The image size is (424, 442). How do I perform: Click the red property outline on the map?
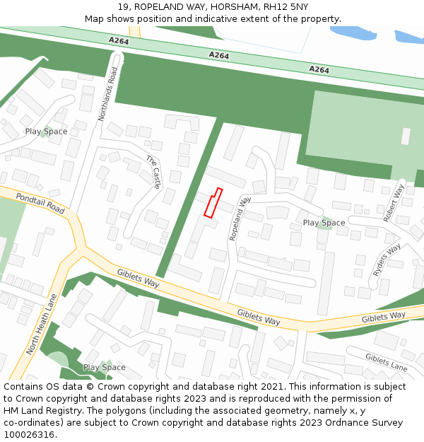[x=213, y=202]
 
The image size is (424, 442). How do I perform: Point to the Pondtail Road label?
[x=40, y=204]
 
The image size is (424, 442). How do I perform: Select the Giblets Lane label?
[x=386, y=362]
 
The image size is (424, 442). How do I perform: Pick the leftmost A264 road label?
[x=119, y=42]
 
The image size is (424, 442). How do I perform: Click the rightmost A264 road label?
[x=319, y=69]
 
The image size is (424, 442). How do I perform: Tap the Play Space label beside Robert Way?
[x=324, y=223]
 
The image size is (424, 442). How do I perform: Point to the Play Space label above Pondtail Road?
[x=46, y=132]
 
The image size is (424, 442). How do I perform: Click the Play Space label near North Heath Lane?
[x=104, y=367]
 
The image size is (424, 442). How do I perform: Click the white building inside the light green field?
[x=406, y=136]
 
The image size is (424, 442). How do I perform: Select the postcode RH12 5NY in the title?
[x=285, y=7]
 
